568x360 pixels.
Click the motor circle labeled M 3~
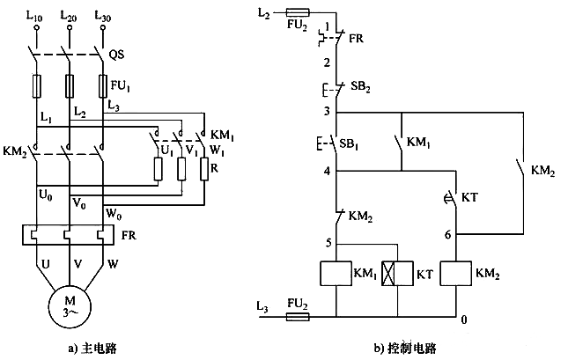click(69, 310)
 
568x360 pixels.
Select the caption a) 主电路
click(92, 348)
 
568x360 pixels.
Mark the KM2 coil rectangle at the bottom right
click(459, 275)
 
